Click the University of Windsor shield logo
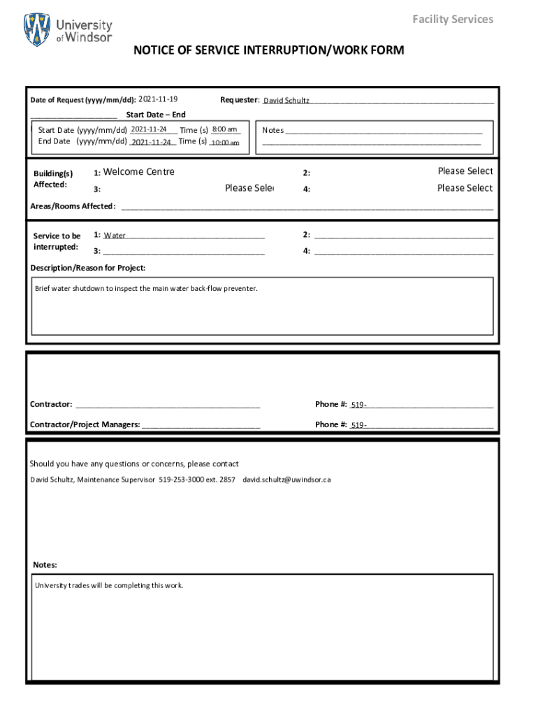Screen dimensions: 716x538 [x=37, y=30]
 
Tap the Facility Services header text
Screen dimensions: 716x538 [x=452, y=19]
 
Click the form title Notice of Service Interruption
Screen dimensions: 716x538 [x=269, y=50]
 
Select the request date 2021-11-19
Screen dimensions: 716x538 [x=158, y=99]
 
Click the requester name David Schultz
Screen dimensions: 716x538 [x=286, y=101]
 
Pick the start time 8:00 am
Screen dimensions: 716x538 [x=224, y=129]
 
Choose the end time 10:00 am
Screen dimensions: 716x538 [x=224, y=142]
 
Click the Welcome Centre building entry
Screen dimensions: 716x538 [x=138, y=172]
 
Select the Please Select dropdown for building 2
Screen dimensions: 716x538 [x=465, y=171]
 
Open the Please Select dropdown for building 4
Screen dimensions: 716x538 [x=465, y=188]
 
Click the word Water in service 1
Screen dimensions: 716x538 [x=115, y=236]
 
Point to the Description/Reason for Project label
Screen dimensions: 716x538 [x=88, y=268]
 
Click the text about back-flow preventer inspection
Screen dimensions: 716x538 [x=146, y=288]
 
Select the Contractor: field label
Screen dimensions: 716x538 [x=51, y=404]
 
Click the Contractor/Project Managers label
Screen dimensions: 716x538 [x=85, y=424]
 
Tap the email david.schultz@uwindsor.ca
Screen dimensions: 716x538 [x=286, y=480]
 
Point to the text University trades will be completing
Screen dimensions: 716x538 [x=109, y=585]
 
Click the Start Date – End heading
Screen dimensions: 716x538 [x=155, y=115]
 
